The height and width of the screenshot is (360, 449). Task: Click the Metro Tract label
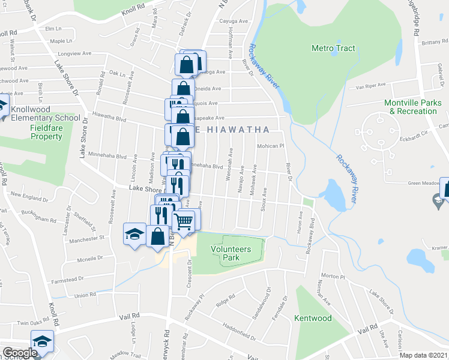(x=333, y=48)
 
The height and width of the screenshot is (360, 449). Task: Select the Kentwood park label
(x=313, y=318)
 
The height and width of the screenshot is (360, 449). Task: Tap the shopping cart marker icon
(x=184, y=221)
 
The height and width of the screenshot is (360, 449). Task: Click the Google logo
(x=19, y=353)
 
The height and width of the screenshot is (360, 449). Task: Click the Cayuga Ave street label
(x=234, y=21)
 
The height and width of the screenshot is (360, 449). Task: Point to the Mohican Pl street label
(x=270, y=146)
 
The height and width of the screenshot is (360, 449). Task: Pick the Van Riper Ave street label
(x=370, y=86)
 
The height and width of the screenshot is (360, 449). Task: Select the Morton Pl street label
(x=333, y=277)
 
